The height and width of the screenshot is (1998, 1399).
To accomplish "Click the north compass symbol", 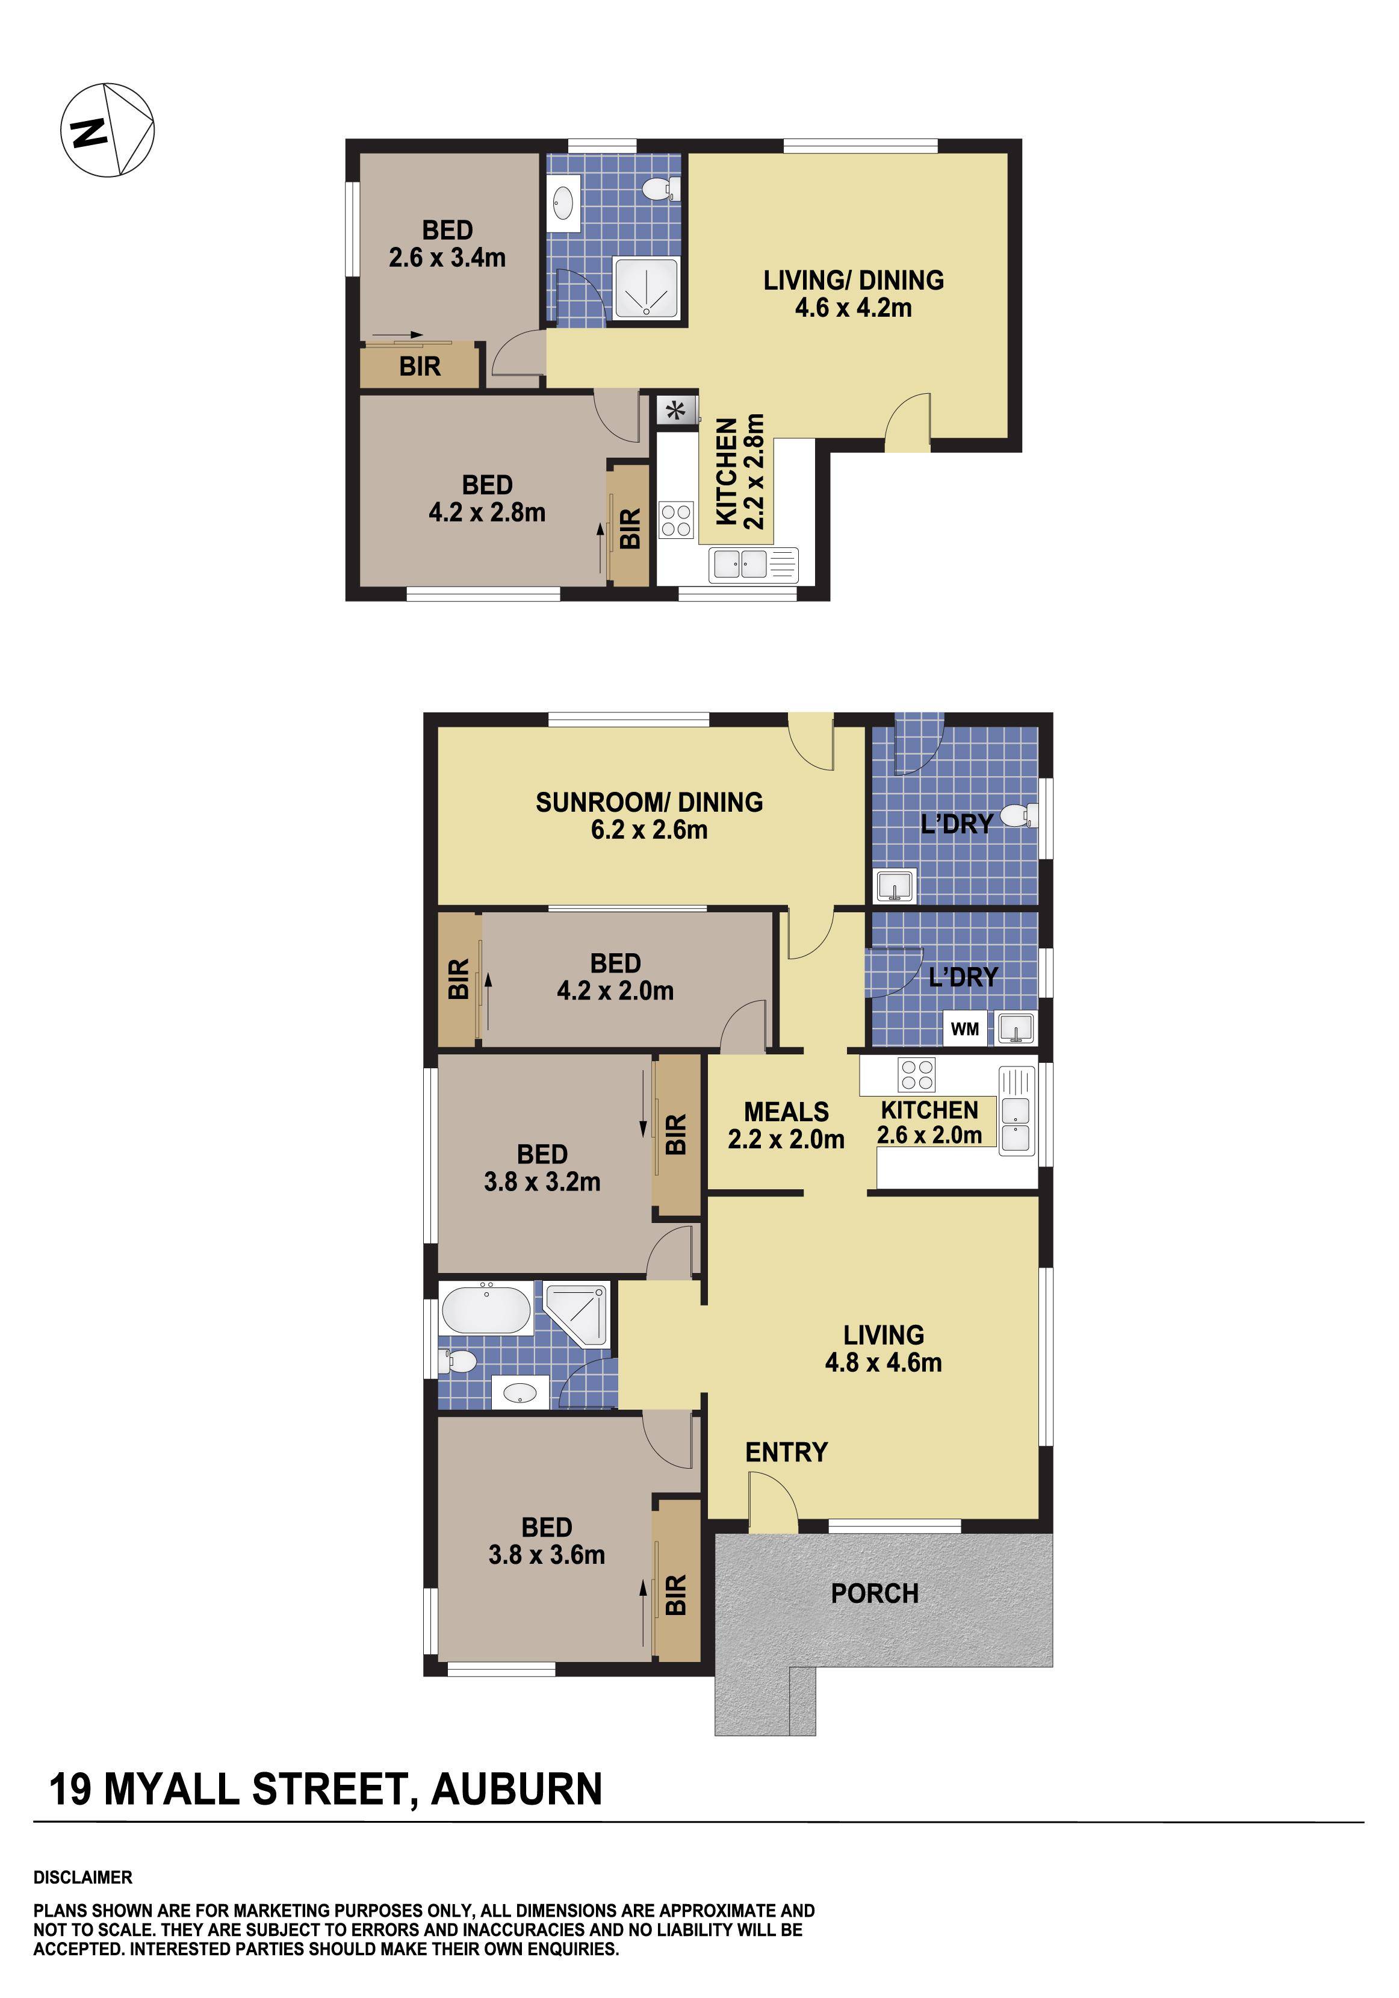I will pos(107,131).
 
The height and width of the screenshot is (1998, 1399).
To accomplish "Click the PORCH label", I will pos(874,1594).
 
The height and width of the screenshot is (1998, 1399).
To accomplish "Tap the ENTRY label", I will pos(786,1451).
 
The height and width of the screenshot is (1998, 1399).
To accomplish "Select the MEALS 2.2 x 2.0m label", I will pos(786,1125).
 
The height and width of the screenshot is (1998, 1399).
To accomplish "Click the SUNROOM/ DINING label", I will pos(649,801).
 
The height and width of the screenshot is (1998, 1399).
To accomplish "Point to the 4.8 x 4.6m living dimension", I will pos(883,1362).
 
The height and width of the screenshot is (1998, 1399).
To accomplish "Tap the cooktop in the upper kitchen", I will pos(676,520).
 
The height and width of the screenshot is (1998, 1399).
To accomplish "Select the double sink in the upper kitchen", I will pos(739,565).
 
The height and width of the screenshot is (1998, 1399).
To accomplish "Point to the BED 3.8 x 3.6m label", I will pos(547,1541).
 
